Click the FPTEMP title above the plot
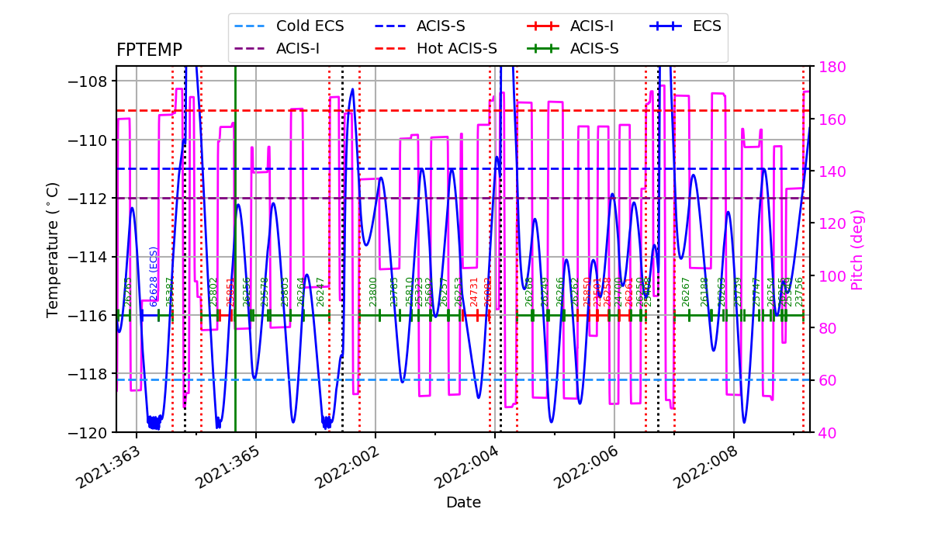click(x=149, y=50)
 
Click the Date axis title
click(x=463, y=503)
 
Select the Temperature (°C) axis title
click(x=53, y=249)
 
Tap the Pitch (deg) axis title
click(x=857, y=249)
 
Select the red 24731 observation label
click(x=475, y=292)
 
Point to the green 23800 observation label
click(x=373, y=292)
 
